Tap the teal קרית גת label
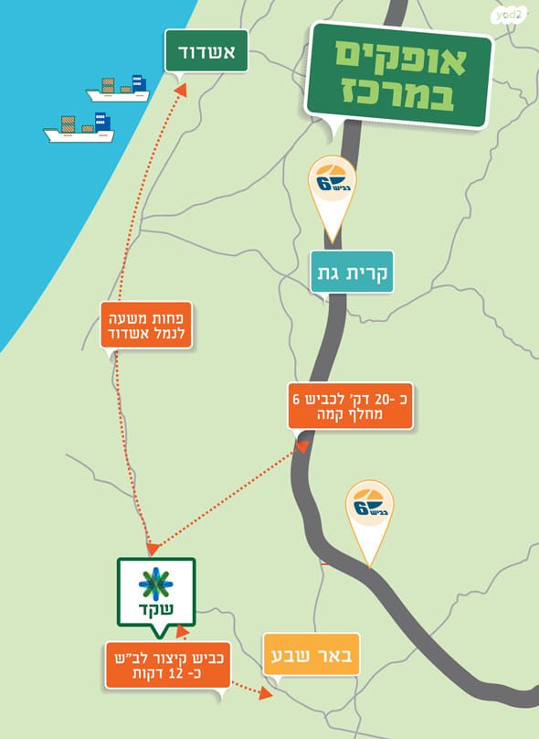pos(352,272)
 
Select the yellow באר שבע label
pos(312,655)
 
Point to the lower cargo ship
pos(79,128)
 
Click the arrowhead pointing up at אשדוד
pos(179,89)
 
